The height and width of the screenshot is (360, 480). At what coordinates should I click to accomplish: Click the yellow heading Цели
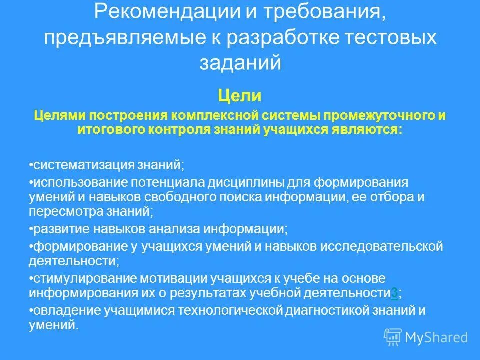click(239, 94)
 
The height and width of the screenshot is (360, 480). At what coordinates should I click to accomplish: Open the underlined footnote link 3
click(395, 293)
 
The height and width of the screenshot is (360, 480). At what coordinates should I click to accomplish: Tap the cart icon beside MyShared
click(392, 337)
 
